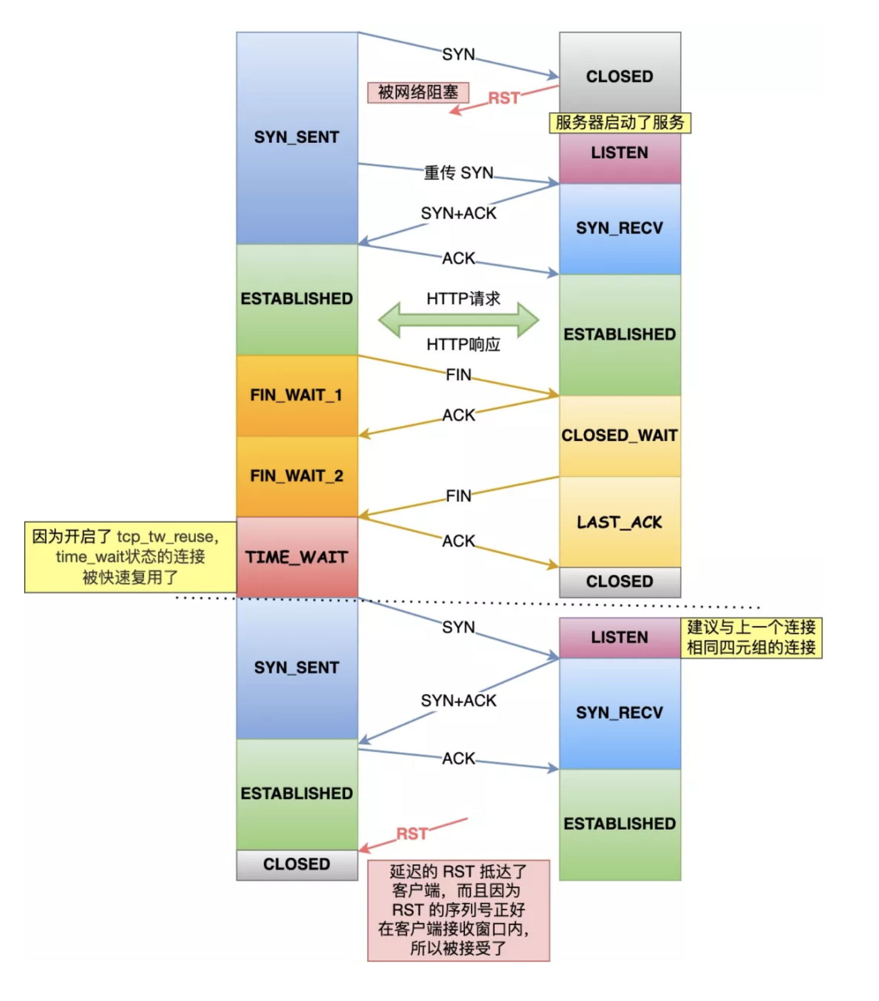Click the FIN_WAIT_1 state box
pyautogui.click(x=297, y=395)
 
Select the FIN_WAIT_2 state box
pyautogui.click(x=297, y=476)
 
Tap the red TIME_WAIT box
pyautogui.click(x=297, y=557)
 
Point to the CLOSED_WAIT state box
pyautogui.click(x=619, y=436)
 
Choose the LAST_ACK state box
pyautogui.click(x=619, y=522)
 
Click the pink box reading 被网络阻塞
pyautogui.click(x=418, y=93)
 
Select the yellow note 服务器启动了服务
pyautogui.click(x=619, y=123)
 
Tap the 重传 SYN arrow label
pyautogui.click(x=458, y=172)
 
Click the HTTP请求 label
pyautogui.click(x=463, y=299)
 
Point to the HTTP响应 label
pyautogui.click(x=463, y=344)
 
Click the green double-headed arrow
pyautogui.click(x=458, y=320)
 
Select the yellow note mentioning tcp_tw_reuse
pyautogui.click(x=130, y=557)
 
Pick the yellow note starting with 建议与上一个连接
pyautogui.click(x=751, y=637)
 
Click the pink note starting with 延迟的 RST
pyautogui.click(x=458, y=910)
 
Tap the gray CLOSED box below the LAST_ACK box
pyautogui.click(x=619, y=582)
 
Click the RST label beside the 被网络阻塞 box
pyautogui.click(x=503, y=98)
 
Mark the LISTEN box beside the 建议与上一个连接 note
pyautogui.click(x=619, y=637)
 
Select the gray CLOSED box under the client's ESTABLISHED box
pyautogui.click(x=297, y=865)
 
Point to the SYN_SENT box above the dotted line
pyautogui.click(x=297, y=138)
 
